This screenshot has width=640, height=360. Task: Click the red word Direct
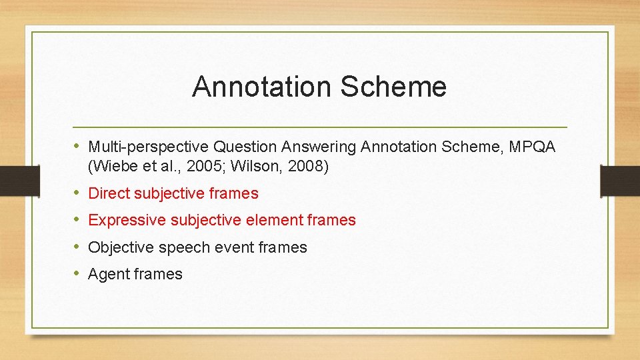pyautogui.click(x=109, y=193)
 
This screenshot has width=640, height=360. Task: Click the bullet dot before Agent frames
pyautogui.click(x=77, y=273)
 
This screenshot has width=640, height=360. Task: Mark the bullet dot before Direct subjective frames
pyautogui.click(x=77, y=193)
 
